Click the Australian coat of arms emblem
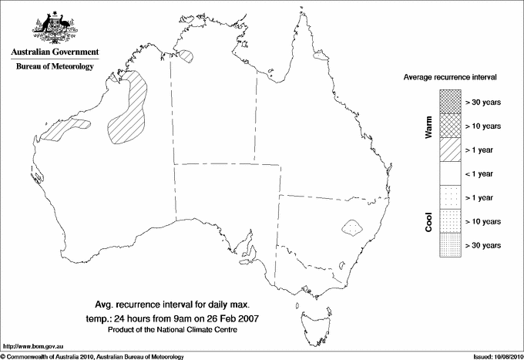55,26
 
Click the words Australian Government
55,52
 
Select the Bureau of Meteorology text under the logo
55,67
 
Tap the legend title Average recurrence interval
451,78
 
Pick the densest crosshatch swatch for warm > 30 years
448,100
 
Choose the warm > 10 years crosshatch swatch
448,124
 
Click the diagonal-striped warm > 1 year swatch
448,148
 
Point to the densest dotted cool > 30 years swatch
448,244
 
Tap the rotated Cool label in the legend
428,220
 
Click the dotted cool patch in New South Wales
352,227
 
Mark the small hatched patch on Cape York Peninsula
320,56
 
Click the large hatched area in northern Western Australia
129,108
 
